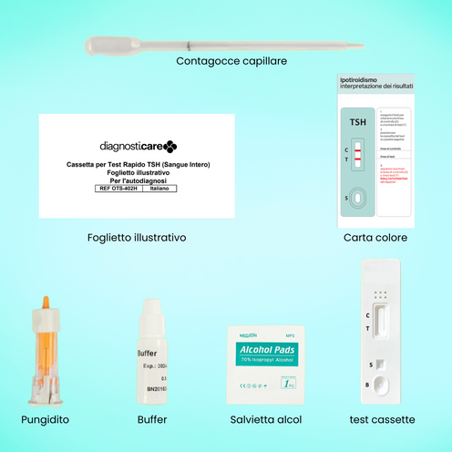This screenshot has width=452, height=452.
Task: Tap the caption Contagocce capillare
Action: coord(231,61)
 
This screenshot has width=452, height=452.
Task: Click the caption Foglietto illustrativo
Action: coord(133,237)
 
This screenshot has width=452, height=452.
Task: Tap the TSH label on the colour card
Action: coord(358,121)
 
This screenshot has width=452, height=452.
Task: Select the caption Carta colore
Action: coord(375,237)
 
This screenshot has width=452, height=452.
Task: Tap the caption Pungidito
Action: coord(45,420)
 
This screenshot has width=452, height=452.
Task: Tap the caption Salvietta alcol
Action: coord(266,420)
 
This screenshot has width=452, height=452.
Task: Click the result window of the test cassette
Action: coord(384,325)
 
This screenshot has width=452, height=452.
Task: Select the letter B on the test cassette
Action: coord(367,385)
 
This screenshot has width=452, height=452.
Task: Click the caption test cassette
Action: coord(383,420)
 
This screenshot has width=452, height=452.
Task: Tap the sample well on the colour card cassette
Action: coord(358,199)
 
